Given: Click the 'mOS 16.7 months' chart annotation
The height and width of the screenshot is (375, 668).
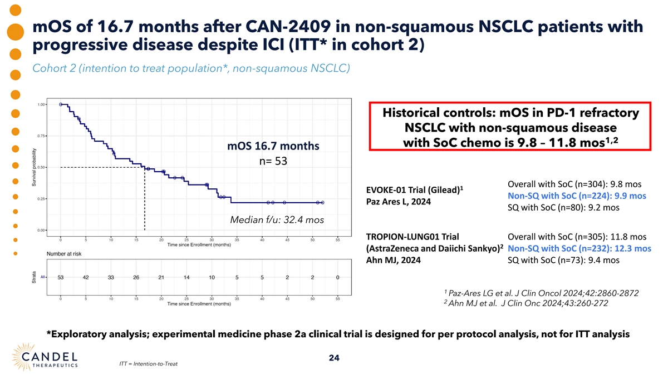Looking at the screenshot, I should pos(273,146).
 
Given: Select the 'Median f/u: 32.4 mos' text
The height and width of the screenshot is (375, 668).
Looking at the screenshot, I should pos(277,219).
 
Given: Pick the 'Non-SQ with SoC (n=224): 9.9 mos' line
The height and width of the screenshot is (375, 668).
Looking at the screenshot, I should pos(577,196).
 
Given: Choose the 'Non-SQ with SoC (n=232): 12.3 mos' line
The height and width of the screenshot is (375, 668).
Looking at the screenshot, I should pos(579,248).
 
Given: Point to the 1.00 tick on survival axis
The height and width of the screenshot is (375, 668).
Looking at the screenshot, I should pos(42,104).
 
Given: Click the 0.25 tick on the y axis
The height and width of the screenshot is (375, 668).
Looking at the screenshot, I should pos(42,198).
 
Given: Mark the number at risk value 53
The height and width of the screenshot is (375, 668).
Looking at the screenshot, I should pos(61,277).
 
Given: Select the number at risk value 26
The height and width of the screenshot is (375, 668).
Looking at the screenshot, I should pos(136,277).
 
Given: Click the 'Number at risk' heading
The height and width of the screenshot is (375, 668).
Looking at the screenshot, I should pos(62,253).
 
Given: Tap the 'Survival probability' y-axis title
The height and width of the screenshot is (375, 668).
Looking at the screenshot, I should pos(35,167).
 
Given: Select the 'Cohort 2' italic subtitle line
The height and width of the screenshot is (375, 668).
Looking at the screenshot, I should pos(191,68).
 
